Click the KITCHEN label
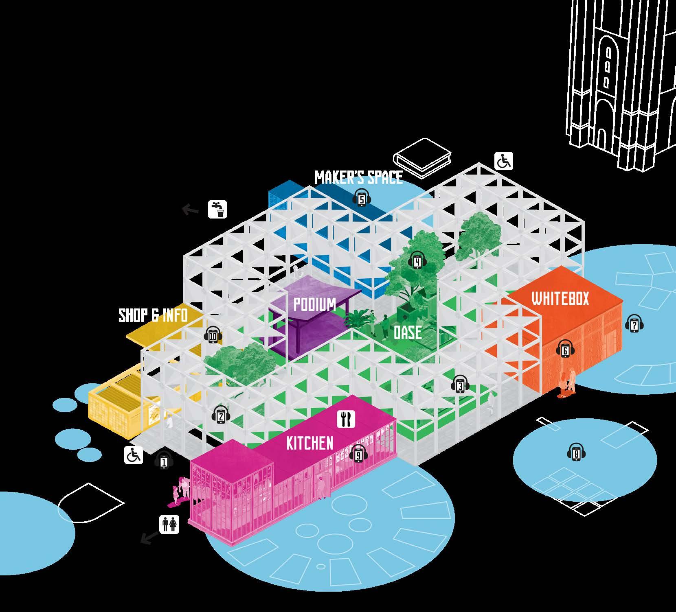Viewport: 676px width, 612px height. [309, 443]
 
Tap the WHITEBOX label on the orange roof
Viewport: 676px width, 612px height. [560, 299]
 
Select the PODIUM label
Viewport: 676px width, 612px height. [315, 304]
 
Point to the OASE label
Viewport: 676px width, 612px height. [407, 332]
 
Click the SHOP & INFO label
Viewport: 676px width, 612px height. [153, 315]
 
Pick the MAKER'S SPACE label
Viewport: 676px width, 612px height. [358, 177]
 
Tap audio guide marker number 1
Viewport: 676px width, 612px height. [164, 461]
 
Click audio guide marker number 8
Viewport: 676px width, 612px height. [576, 453]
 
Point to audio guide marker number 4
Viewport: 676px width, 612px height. [417, 261]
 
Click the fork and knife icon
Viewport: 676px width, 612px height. [346, 419]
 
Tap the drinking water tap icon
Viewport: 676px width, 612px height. [217, 209]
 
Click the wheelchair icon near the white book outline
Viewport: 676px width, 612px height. [504, 162]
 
